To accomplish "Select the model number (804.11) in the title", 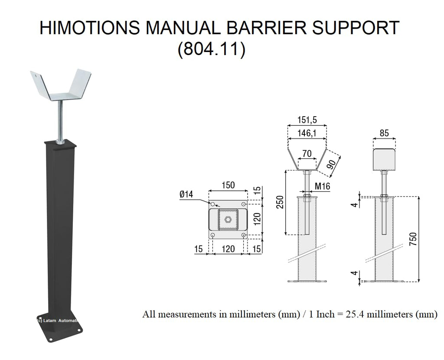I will click(212, 49).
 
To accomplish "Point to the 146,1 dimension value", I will click(307, 134).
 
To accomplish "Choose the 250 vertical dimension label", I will click(280, 202).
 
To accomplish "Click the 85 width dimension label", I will click(384, 134).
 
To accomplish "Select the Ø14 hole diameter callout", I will click(186, 195).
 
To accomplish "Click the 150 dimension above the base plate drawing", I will click(228, 185).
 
